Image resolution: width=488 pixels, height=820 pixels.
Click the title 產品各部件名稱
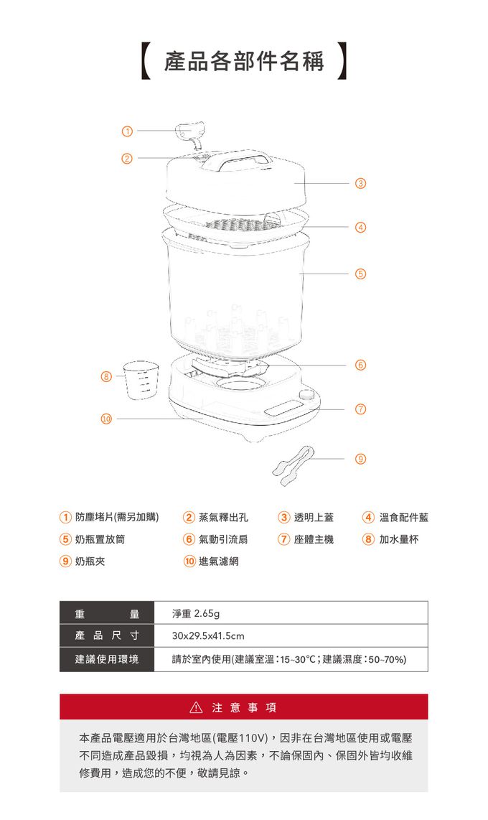(244, 61)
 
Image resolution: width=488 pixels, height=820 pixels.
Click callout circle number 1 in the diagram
(126, 131)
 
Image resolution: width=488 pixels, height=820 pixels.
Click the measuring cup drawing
(140, 379)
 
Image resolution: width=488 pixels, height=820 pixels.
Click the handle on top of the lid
(239, 162)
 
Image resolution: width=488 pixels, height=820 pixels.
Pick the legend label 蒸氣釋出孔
(223, 517)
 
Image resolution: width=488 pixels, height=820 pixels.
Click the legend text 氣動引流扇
(223, 539)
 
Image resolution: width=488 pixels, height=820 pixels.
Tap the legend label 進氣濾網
(219, 561)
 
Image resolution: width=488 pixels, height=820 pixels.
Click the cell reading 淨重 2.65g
(196, 614)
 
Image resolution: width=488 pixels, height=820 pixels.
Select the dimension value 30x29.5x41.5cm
(208, 636)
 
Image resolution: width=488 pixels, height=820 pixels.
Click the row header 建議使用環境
(107, 659)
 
